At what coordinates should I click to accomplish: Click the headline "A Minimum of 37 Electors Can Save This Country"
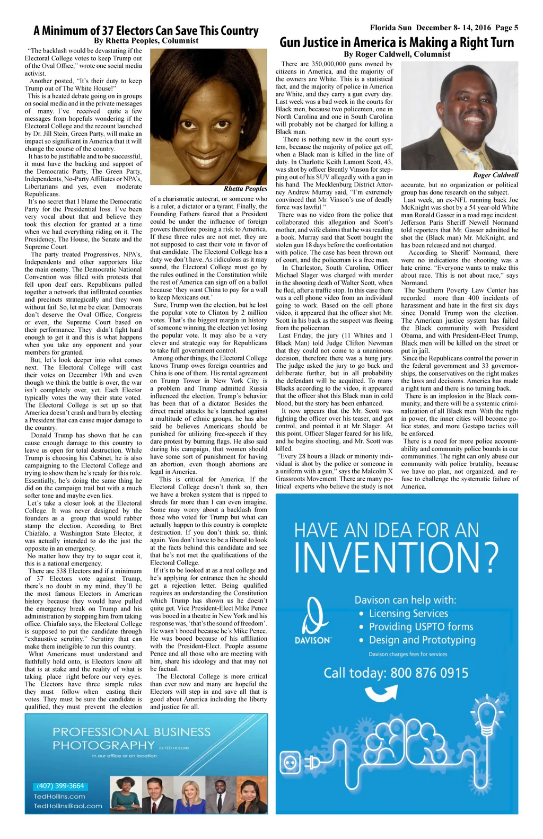[x=146, y=30]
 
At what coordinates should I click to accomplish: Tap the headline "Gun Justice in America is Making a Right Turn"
[x=397, y=42]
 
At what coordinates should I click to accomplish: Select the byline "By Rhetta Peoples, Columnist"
[x=146, y=41]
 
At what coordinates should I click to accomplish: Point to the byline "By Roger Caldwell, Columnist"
[x=397, y=54]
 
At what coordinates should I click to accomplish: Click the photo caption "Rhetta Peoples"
[x=245, y=189]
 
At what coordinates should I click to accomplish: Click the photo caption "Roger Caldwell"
[x=495, y=175]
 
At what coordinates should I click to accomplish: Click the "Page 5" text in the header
[x=507, y=28]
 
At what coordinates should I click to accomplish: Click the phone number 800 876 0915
[x=430, y=673]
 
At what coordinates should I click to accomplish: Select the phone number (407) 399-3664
[x=60, y=786]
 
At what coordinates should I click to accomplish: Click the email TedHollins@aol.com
[x=68, y=806]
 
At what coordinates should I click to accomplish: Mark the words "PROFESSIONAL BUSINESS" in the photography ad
[x=132, y=732]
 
